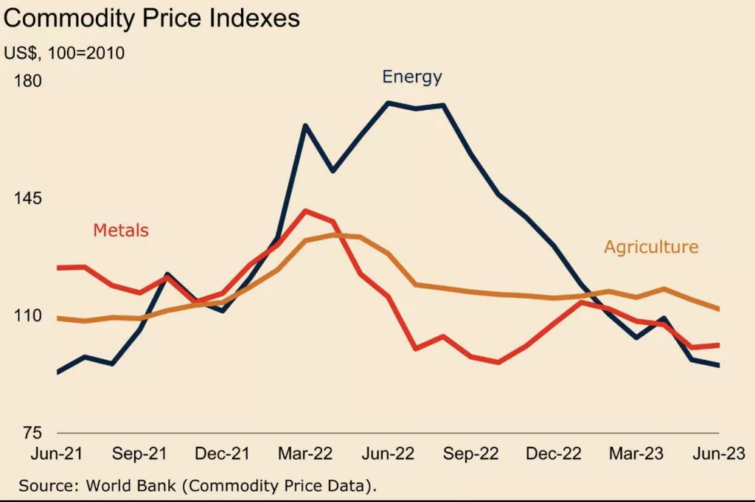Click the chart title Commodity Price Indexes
151,18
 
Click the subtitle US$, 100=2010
64,53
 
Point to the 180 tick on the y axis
28,80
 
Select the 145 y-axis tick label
28,198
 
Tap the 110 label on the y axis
28,316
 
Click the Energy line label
411,77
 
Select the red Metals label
121,230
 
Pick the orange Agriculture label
651,247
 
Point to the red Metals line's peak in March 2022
306,211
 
